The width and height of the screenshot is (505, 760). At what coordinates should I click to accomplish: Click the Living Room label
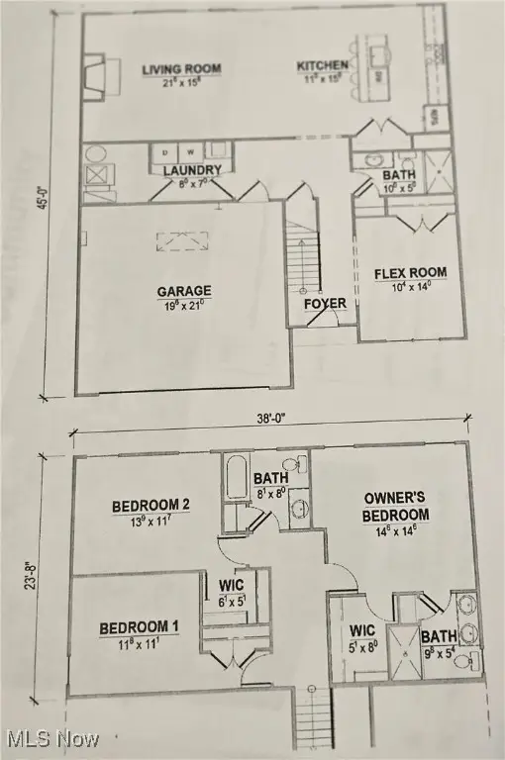tap(181, 69)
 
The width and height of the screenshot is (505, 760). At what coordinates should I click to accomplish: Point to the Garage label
tap(184, 291)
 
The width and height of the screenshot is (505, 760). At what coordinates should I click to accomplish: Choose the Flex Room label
tap(409, 273)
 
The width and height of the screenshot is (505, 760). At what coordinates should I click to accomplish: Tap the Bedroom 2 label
tap(151, 506)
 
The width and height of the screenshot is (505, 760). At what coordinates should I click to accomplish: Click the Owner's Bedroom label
tap(396, 507)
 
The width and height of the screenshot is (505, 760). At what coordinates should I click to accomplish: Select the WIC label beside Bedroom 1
tap(231, 585)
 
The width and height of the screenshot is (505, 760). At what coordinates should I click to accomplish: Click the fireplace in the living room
tap(92, 74)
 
